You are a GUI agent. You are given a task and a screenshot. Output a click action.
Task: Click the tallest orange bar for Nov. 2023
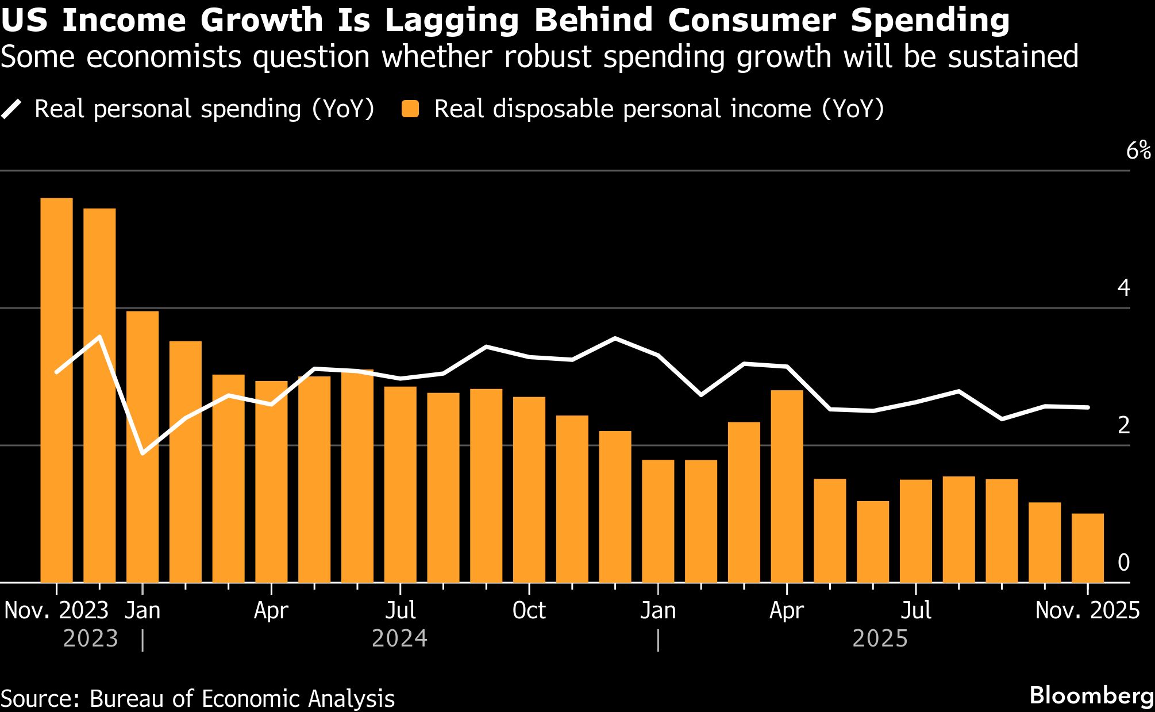click(x=56, y=391)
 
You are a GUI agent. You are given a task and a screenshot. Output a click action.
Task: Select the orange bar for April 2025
click(x=787, y=486)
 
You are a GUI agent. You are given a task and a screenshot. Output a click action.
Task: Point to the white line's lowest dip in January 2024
click(x=143, y=453)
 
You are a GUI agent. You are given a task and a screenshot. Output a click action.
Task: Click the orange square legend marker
click(x=410, y=109)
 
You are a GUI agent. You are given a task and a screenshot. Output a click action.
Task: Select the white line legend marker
click(x=11, y=109)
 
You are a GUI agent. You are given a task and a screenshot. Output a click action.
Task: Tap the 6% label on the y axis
click(x=1138, y=151)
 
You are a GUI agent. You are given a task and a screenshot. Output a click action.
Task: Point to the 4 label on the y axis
click(x=1123, y=288)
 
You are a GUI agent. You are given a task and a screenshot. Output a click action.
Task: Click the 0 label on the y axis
click(x=1123, y=563)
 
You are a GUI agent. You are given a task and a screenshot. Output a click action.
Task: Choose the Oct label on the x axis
click(x=529, y=610)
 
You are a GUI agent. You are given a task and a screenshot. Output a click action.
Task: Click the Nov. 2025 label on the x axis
click(x=1087, y=610)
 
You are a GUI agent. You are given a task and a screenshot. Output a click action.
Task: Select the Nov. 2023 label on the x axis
click(x=56, y=610)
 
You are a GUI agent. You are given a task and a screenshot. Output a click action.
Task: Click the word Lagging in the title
click(x=451, y=21)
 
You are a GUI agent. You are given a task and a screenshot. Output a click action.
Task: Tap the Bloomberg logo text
click(x=1091, y=695)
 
